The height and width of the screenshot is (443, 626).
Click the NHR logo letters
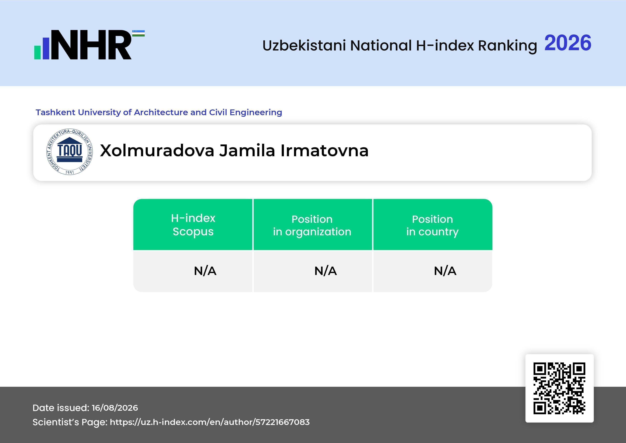[x=91, y=45]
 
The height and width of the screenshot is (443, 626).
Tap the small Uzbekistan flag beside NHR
[x=138, y=33]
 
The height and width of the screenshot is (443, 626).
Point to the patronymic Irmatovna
[x=324, y=151]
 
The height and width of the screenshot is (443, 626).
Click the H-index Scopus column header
[x=193, y=225]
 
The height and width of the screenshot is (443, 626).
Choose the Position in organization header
[x=312, y=225]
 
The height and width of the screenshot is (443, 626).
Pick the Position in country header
[x=432, y=225]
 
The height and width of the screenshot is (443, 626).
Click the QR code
[x=559, y=388]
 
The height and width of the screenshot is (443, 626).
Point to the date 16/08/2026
[x=115, y=408]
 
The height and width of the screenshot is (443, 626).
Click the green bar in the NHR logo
[x=37, y=52]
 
